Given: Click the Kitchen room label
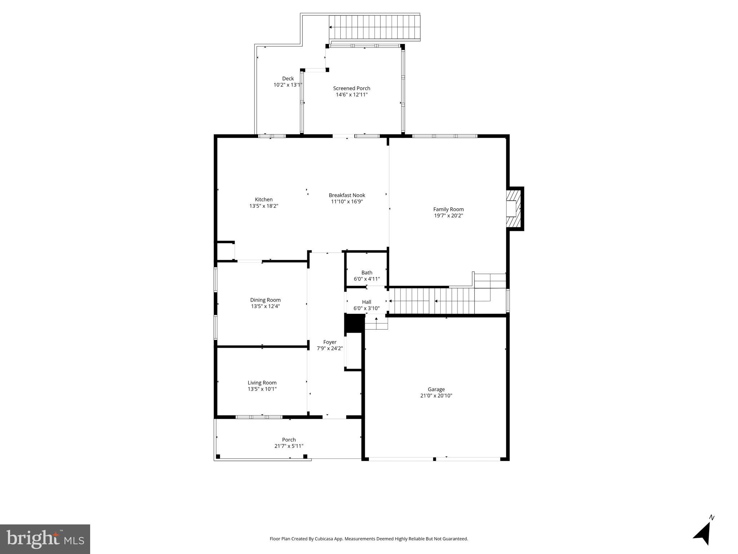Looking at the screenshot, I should [x=264, y=199].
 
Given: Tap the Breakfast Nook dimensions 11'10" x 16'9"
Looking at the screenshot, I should [x=347, y=202].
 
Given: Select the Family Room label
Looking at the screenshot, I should [x=448, y=209].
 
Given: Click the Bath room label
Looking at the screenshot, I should [x=367, y=273].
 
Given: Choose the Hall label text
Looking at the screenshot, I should [x=366, y=302].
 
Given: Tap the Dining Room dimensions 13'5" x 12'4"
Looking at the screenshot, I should [x=265, y=307].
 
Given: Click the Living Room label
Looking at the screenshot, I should [x=262, y=383].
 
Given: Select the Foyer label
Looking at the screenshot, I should [x=330, y=342].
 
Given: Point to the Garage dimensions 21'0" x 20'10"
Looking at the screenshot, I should [x=436, y=396].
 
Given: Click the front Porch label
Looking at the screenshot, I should [x=289, y=440].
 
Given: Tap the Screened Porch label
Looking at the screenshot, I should [x=352, y=88].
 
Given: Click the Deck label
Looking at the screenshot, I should [x=288, y=79].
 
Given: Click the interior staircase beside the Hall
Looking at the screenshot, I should [x=433, y=301].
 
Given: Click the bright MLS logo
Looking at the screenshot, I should [x=45, y=539].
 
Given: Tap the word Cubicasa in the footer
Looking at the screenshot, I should [x=323, y=539].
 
